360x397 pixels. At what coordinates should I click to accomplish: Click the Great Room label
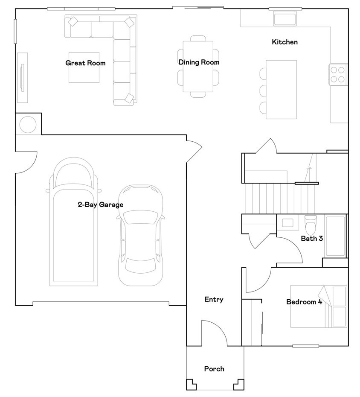coord(85,63)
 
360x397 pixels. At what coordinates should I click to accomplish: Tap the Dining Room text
coord(199,62)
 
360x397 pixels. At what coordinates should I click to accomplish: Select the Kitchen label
coord(285,42)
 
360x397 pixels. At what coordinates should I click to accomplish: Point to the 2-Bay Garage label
coord(101,204)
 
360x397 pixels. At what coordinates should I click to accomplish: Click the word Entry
coord(214,300)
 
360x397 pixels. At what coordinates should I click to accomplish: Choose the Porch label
coord(214,369)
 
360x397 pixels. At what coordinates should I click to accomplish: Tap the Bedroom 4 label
coord(304,302)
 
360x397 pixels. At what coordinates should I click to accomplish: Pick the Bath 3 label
coord(312,239)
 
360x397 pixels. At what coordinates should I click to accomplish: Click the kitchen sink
coord(285,18)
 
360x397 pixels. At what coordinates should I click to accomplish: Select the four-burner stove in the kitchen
coord(338,75)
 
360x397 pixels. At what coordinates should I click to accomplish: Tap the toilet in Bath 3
coord(311,225)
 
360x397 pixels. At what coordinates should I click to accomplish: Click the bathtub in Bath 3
coord(335,236)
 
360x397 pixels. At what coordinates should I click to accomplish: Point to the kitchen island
coord(281,90)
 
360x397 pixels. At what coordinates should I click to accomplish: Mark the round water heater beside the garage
coord(28,125)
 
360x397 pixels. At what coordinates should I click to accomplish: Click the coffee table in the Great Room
coord(84,67)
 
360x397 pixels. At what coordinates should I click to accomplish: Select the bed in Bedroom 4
coord(319,307)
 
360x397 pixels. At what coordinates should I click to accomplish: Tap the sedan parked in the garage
coord(141,235)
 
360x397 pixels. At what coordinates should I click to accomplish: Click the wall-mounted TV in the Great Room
coord(22,77)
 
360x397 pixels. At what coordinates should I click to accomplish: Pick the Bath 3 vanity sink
coord(287,223)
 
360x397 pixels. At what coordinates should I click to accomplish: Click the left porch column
coord(191,385)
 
